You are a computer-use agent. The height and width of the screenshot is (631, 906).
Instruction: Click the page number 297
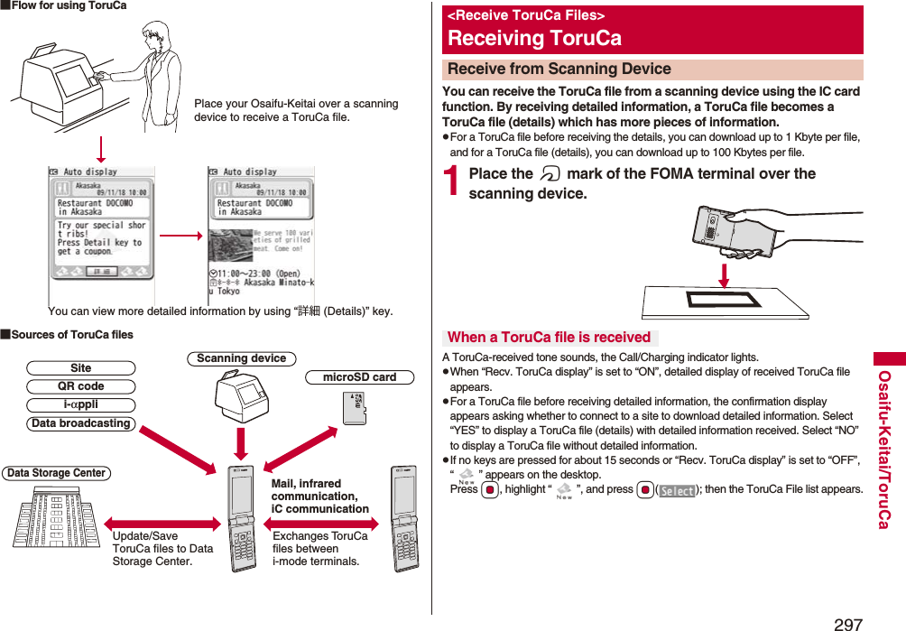pyautogui.click(x=848, y=623)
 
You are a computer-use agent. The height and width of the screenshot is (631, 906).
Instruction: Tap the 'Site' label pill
pyautogui.click(x=80, y=368)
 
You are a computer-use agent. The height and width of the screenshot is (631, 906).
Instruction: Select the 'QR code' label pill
pyautogui.click(x=80, y=386)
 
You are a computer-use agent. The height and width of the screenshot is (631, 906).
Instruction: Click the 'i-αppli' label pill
pyautogui.click(x=80, y=405)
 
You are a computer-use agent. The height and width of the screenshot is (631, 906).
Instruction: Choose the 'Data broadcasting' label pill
pyautogui.click(x=80, y=423)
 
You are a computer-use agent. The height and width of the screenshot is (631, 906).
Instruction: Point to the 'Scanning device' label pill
pyautogui.click(x=241, y=358)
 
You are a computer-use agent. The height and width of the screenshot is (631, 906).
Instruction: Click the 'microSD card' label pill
pyautogui.click(x=359, y=377)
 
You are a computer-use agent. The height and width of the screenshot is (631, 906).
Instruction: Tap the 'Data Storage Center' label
pyautogui.click(x=56, y=473)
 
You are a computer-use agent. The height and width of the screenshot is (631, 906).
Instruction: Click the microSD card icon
pyautogui.click(x=355, y=407)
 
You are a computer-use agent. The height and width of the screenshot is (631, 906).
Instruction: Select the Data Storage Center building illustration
pyautogui.click(x=56, y=516)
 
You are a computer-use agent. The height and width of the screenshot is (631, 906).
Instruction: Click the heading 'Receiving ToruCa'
pyautogui.click(x=534, y=39)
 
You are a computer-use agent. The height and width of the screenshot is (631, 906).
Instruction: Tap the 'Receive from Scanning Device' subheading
pyautogui.click(x=559, y=70)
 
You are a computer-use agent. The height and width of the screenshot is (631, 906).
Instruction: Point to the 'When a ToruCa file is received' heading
pyautogui.click(x=549, y=338)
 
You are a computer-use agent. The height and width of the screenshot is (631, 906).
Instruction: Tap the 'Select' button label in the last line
pyautogui.click(x=677, y=491)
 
